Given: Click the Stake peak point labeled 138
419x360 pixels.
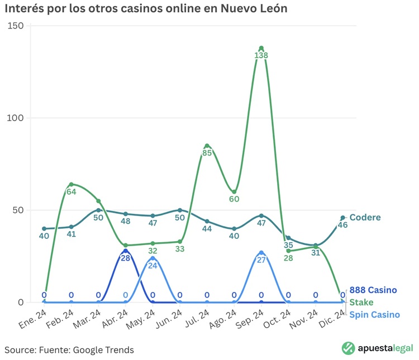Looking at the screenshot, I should [x=261, y=48].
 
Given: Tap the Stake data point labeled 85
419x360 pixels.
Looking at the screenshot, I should [x=207, y=146].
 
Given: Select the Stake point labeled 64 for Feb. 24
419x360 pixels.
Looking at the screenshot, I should [x=71, y=184].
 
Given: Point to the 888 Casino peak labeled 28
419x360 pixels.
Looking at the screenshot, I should [x=125, y=251].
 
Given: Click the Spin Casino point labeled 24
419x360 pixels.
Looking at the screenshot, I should [x=153, y=258].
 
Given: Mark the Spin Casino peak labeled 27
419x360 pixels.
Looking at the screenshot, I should [x=261, y=253].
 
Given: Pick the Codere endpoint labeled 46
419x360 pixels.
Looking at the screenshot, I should [x=342, y=218].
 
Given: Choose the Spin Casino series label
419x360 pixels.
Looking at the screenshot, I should [x=374, y=314].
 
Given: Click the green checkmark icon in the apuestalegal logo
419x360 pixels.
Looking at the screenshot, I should [x=349, y=348].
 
